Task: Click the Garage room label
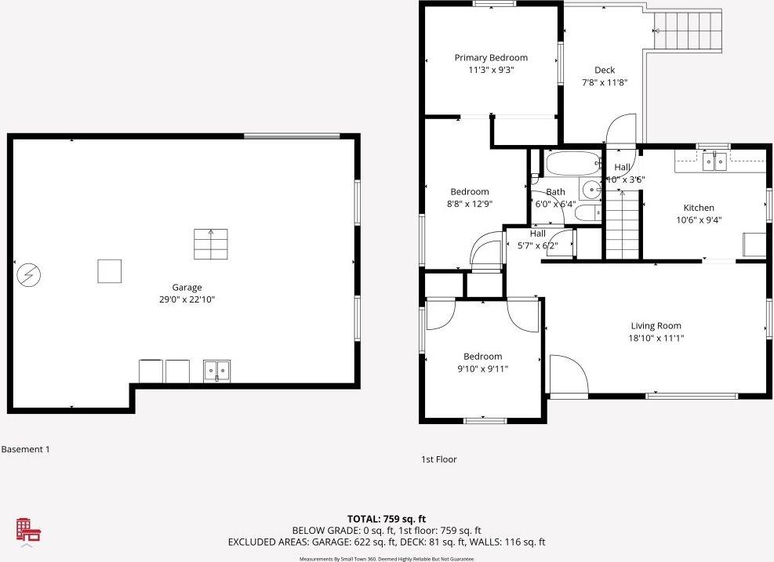click(187, 288)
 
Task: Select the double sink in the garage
click(216, 370)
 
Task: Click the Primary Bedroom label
click(491, 57)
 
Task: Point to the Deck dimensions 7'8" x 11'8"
click(604, 82)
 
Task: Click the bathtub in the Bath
click(569, 165)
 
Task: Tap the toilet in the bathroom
click(587, 212)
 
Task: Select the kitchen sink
click(714, 162)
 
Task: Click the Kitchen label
click(699, 208)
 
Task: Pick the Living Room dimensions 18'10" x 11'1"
click(656, 338)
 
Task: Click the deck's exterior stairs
click(689, 31)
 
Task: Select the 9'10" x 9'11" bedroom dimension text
click(482, 368)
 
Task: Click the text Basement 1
click(25, 449)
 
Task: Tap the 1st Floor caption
click(439, 459)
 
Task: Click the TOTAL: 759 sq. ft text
click(387, 519)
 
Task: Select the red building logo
click(29, 530)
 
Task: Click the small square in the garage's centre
click(110, 271)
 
